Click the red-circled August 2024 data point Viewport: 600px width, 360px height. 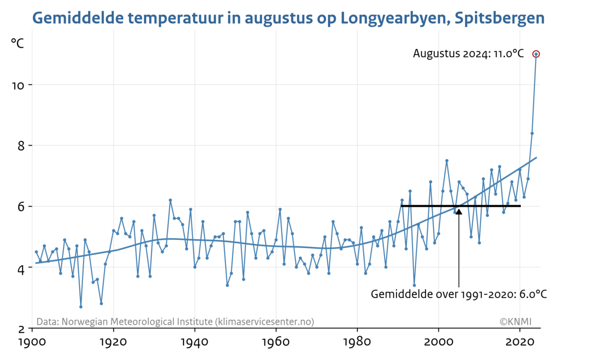coord(536,54)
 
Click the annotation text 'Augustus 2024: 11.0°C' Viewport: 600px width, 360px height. coord(468,54)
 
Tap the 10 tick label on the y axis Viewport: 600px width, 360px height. coord(18,85)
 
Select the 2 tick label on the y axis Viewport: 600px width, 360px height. coord(22,328)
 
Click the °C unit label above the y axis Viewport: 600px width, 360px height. coord(17,43)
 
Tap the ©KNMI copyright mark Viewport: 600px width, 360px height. coord(515,321)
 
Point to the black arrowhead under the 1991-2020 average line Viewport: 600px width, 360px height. coord(459,211)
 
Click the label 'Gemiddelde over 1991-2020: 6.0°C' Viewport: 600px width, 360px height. coord(458,294)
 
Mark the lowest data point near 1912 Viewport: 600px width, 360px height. coord(81,306)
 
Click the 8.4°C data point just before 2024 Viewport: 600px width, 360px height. coord(532,133)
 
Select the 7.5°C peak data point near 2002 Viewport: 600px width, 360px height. coord(446,160)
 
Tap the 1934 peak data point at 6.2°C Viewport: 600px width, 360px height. coord(170,200)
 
